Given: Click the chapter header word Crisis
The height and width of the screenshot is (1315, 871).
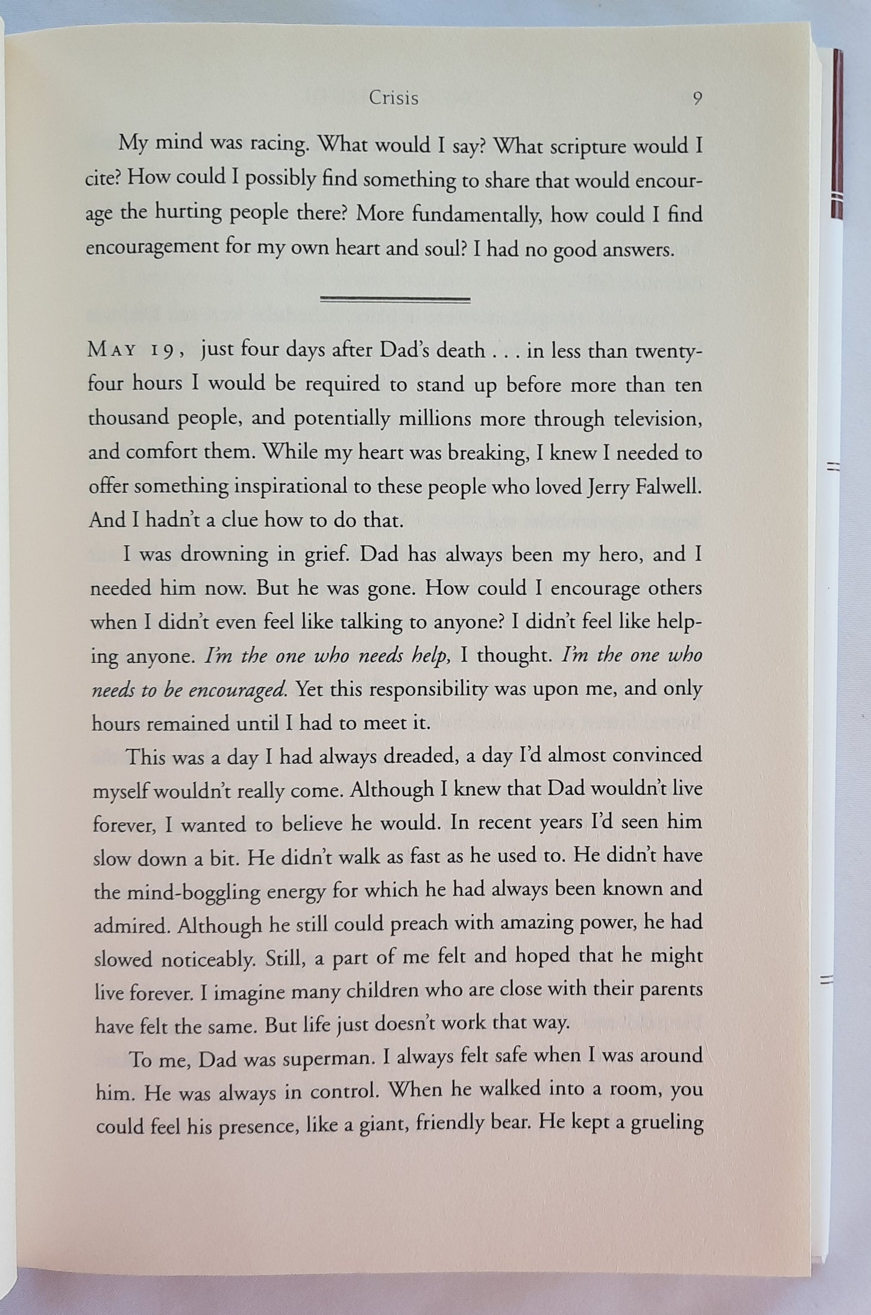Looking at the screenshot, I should pos(394,98).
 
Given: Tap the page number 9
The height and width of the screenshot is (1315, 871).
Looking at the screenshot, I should pos(697,99).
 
